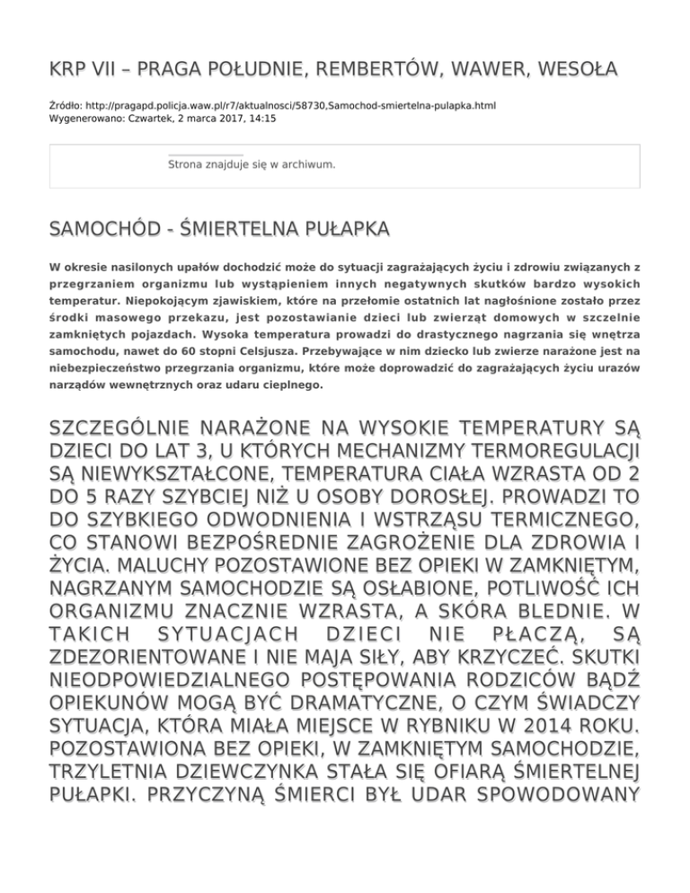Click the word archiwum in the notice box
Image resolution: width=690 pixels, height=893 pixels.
pos(309,164)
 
